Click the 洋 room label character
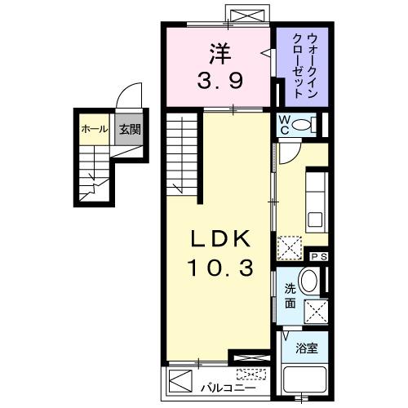coord(218,55)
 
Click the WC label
coord(283,125)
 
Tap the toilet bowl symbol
coord(303,125)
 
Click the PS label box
coord(319,256)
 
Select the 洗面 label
coord(291,296)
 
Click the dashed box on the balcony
coord(251,375)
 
